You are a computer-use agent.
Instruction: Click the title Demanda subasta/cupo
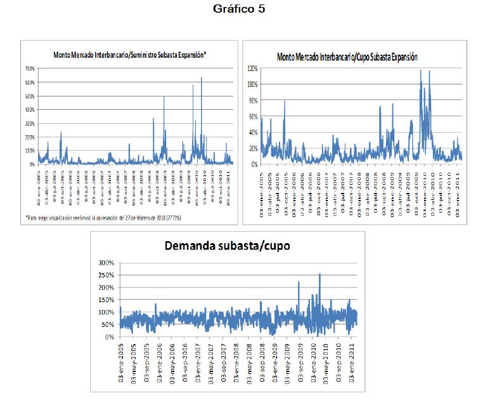(226, 246)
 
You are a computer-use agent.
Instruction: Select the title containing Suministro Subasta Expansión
(131, 55)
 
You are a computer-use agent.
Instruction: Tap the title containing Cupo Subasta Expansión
(347, 57)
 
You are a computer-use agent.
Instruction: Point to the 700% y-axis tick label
(29, 68)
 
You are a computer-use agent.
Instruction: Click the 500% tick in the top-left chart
(29, 96)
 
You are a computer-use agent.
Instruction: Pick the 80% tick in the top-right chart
(252, 100)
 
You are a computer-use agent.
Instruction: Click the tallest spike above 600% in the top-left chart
(202, 78)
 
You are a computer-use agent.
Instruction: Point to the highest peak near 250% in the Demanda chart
(319, 274)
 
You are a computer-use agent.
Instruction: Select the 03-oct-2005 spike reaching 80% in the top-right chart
(285, 101)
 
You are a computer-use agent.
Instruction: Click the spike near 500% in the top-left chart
(164, 97)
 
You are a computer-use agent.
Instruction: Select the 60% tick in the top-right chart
(252, 116)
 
